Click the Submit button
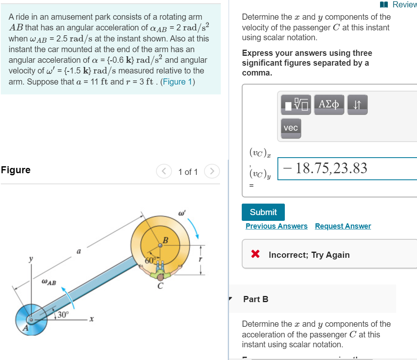point(263,212)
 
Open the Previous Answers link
point(276,226)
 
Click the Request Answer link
point(343,226)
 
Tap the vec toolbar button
point(291,128)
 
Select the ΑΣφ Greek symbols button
point(329,105)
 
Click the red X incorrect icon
point(255,255)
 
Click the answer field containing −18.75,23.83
point(347,168)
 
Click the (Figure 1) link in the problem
point(179,82)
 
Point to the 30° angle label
point(63,315)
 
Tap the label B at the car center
point(165,240)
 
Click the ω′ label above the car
point(182,213)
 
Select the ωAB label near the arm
point(49,282)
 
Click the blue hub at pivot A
point(30,319)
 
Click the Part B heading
point(256,299)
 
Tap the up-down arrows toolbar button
point(357,105)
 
